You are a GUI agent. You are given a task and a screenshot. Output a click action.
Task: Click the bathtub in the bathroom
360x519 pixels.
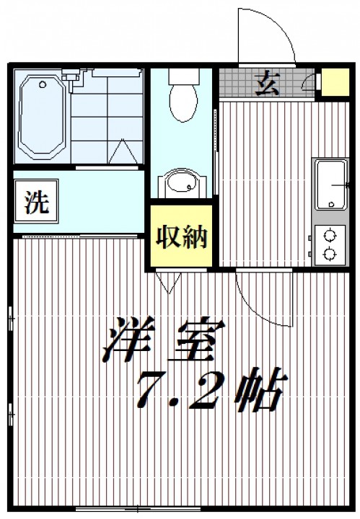click(42, 115)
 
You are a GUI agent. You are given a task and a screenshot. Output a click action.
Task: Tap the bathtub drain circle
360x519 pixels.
click(43, 84)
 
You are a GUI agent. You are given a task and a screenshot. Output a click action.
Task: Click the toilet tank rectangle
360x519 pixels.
click(183, 76)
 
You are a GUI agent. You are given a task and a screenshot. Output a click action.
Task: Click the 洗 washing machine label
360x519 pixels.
click(37, 202)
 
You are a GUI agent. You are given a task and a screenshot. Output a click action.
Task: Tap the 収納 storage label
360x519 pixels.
click(182, 236)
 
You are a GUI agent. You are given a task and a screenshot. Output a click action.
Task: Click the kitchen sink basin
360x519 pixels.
click(331, 185)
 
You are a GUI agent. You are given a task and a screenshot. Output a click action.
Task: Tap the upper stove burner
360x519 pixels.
click(330, 236)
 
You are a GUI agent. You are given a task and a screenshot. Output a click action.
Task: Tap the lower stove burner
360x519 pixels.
click(330, 254)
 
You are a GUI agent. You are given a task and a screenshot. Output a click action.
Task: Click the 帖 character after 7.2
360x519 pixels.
click(260, 389)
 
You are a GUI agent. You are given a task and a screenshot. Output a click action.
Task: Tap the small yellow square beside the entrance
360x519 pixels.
click(335, 82)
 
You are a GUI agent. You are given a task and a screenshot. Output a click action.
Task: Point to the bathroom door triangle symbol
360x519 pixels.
click(123, 151)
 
